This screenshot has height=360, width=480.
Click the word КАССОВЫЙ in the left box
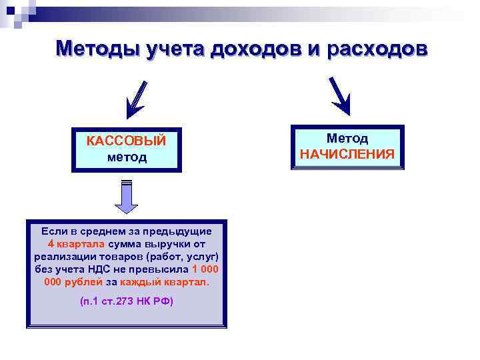click(x=126, y=141)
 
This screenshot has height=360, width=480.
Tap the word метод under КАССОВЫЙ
click(x=126, y=158)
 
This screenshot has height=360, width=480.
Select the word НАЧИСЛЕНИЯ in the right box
click(x=347, y=155)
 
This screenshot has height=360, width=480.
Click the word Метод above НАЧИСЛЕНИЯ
click(x=347, y=138)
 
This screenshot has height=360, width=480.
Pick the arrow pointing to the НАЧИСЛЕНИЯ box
click(x=340, y=94)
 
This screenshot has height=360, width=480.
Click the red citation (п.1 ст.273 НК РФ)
click(x=126, y=301)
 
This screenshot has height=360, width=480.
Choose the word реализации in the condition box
click(x=61, y=257)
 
